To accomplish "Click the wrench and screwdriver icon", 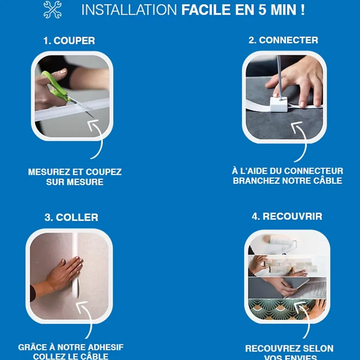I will (52, 10).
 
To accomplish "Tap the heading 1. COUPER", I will (69, 41).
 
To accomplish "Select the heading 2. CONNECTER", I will (283, 40).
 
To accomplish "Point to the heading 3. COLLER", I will (71, 218).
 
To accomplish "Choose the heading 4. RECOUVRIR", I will (287, 216).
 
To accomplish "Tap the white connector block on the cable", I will (279, 104).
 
